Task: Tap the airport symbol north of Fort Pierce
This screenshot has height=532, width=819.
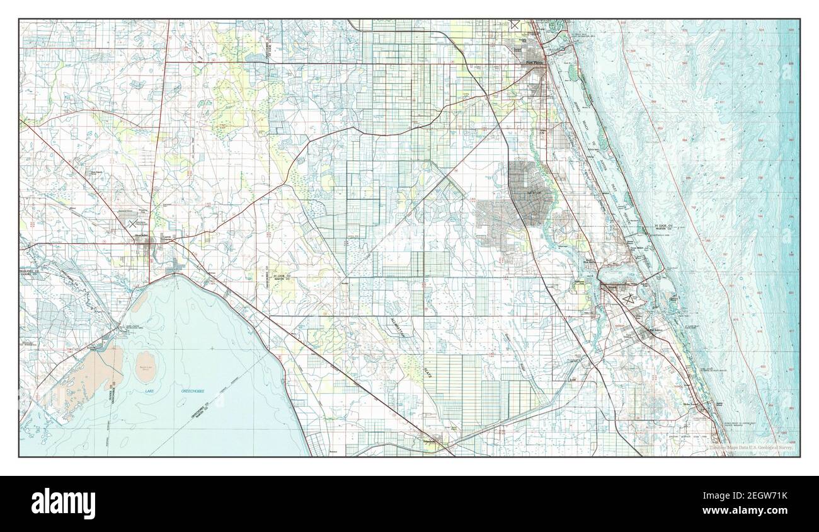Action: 515,25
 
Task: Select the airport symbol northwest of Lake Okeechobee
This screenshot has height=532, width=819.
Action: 132,223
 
